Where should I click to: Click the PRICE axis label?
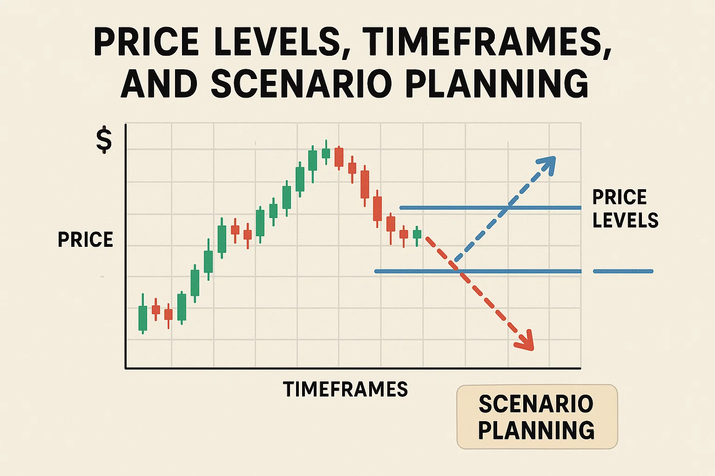coord(86,240)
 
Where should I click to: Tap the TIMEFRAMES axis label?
coord(345,389)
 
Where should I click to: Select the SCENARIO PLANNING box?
coord(537,416)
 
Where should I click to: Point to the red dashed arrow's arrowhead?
coord(525,341)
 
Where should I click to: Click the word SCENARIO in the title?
coord(301,83)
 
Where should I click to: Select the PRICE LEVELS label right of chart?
coord(625,209)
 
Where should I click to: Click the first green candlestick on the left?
coord(143,314)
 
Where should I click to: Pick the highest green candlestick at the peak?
coord(326,152)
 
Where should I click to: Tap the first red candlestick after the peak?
coord(339,158)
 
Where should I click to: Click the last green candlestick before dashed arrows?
coord(417,236)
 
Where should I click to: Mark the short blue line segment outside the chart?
coord(623,271)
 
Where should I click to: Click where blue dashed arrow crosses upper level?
coord(508,208)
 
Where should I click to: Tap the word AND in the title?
coord(159,83)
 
